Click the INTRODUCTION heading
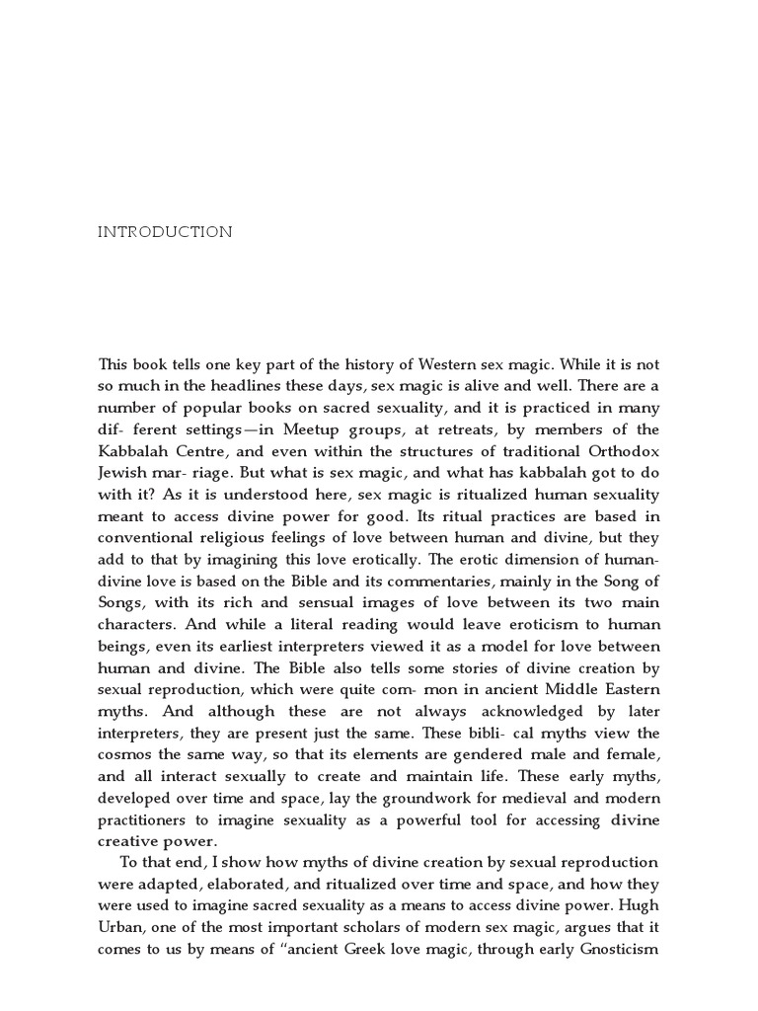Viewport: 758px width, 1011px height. tap(165, 233)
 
